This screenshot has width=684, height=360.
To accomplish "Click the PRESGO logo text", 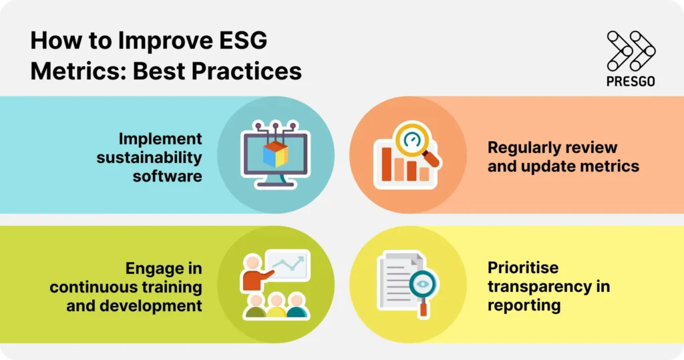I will pyautogui.click(x=631, y=81).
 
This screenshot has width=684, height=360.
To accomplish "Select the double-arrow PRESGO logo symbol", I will pyautogui.click(x=631, y=51).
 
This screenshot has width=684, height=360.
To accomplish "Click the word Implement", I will pyautogui.click(x=160, y=139).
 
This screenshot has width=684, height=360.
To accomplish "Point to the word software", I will pyautogui.click(x=167, y=176).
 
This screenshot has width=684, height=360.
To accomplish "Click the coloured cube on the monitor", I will pyautogui.click(x=275, y=153).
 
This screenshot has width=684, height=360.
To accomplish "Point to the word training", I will pyautogui.click(x=171, y=287).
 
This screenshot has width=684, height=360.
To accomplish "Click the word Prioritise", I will pyautogui.click(x=523, y=268).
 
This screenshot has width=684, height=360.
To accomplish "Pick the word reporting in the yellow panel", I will pyautogui.click(x=524, y=306).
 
